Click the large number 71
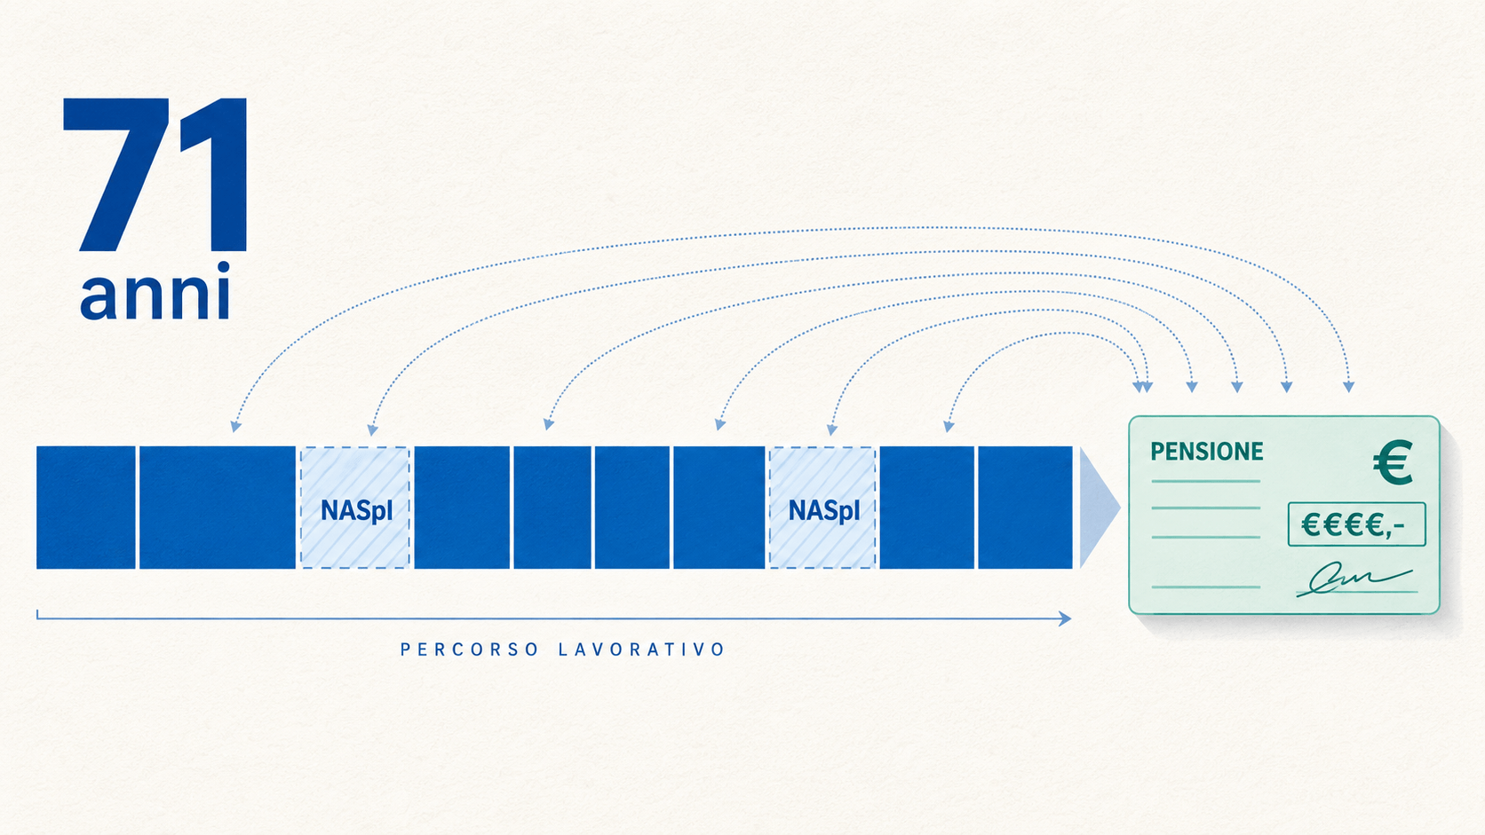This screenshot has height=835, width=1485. click(155, 175)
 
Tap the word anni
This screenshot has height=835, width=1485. click(155, 291)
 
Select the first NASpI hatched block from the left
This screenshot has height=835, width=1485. click(355, 508)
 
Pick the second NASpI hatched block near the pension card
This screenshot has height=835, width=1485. click(822, 508)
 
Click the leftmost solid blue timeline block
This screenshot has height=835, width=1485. click(85, 508)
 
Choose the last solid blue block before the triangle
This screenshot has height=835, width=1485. click(1025, 508)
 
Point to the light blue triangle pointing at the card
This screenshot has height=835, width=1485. click(1097, 508)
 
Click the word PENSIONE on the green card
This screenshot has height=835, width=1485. click(1206, 452)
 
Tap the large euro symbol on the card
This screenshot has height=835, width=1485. click(1393, 462)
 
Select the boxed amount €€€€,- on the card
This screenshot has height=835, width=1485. click(1356, 524)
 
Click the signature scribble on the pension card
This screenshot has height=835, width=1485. click(1354, 579)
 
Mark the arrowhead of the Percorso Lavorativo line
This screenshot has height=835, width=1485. click(1065, 618)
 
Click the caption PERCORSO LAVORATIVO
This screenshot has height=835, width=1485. click(563, 649)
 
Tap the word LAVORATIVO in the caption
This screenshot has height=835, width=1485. click(642, 649)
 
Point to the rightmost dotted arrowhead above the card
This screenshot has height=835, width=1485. click(1348, 388)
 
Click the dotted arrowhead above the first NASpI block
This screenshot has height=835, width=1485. click(372, 430)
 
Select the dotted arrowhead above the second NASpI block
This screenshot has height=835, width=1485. click(832, 430)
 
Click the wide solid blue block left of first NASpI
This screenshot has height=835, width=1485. click(218, 508)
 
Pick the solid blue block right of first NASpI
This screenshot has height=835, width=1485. click(462, 508)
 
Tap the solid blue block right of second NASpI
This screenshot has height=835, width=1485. click(927, 508)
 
